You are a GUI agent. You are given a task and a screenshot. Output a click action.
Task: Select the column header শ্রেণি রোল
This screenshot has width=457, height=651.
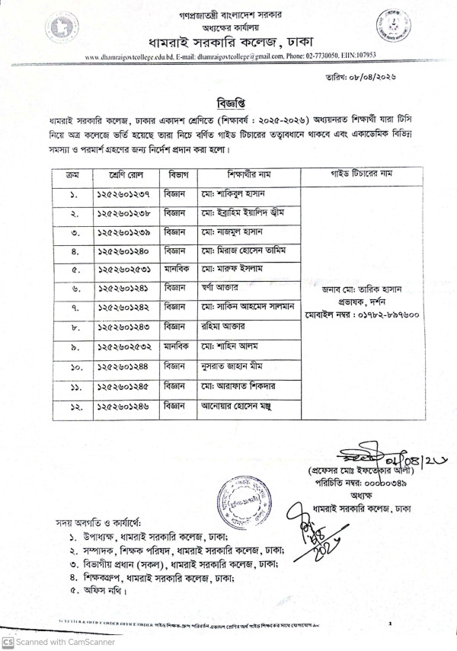(126, 175)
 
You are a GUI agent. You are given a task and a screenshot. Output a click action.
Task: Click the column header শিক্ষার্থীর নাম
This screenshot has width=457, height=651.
(248, 175)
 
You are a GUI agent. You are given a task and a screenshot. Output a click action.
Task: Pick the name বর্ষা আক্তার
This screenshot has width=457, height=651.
(220, 289)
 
